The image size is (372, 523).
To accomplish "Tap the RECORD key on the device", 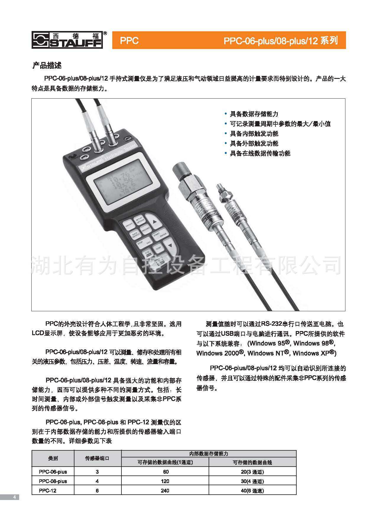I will coord(146,229).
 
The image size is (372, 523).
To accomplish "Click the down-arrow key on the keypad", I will coord(169,246).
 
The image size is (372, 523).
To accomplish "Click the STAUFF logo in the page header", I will coord(68,40).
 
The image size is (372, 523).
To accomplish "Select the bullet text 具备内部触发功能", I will coord(254,134).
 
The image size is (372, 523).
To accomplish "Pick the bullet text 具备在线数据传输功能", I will coord(260,153).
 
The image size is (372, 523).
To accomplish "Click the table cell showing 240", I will coord(165,491).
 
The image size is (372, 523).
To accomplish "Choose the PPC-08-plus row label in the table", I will coord(53,481).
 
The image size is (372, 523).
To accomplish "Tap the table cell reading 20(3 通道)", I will coord(252,472).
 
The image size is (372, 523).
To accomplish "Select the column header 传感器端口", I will coord(97,458).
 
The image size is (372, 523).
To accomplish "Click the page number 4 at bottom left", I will coord(14,497).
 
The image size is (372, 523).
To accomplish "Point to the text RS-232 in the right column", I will coord(272,324).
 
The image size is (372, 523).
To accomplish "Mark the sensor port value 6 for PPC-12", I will coord(97,491).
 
